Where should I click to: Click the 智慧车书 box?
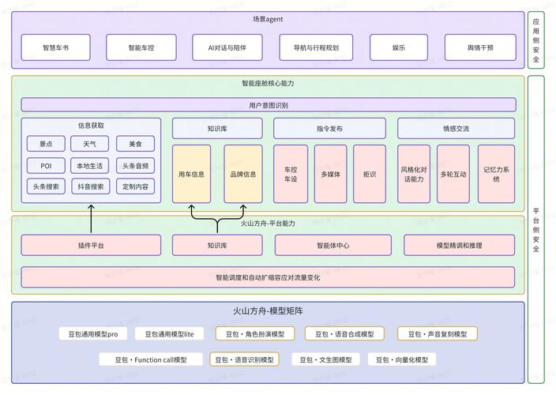pyautogui.click(x=55, y=47)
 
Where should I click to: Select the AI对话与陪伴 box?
pyautogui.click(x=227, y=47)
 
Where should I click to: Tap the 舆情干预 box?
pyautogui.click(x=480, y=47)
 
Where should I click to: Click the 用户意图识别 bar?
pyautogui.click(x=268, y=104)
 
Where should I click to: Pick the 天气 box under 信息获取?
pyautogui.click(x=89, y=144)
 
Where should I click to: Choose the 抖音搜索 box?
pyautogui.click(x=89, y=186)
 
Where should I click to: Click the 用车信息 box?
pyautogui.click(x=191, y=174)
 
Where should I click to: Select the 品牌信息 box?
pyautogui.click(x=243, y=174)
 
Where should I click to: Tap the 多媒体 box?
pyautogui.click(x=330, y=174)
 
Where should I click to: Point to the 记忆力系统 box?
pyautogui.click(x=496, y=174)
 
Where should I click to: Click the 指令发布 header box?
pyautogui.click(x=329, y=128)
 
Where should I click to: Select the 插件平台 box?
pyautogui.click(x=91, y=246)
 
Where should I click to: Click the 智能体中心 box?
pyautogui.click(x=332, y=246)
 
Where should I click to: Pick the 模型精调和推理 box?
pyautogui.click(x=459, y=246)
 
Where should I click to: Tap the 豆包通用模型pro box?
pyautogui.click(x=92, y=333)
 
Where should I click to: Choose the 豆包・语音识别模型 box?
pyautogui.click(x=244, y=359)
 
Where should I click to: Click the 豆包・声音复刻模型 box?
pyautogui.click(x=437, y=333)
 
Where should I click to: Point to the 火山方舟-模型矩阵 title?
pyautogui.click(x=268, y=311)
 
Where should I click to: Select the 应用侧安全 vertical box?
pyautogui.click(x=536, y=39)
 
